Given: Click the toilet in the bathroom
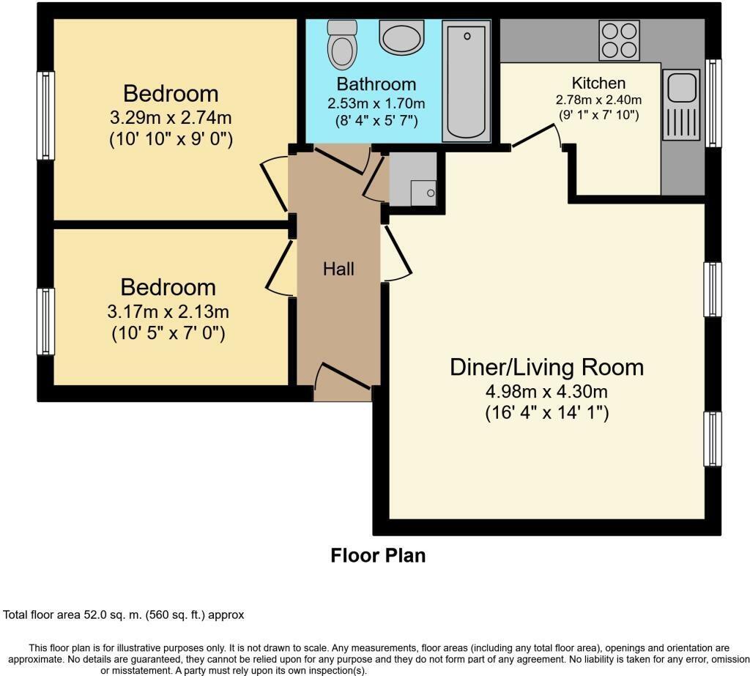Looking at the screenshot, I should point(341,44).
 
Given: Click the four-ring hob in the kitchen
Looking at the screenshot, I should point(618,40).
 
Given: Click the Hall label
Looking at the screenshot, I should point(338,269).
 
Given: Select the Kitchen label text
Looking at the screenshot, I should point(598,83).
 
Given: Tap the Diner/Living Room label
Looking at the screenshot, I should point(546,366).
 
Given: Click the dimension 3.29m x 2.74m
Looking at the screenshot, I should point(171,117).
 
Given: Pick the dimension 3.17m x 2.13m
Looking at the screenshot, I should point(168,311).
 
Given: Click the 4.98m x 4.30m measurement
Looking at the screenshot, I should point(546,391).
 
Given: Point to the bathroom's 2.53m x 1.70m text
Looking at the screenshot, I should point(376,103).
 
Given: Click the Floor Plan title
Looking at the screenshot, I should point(378,555).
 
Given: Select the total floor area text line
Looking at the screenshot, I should point(124,615).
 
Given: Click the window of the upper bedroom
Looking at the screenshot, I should point(45,115).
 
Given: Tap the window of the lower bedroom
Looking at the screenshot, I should point(45,321).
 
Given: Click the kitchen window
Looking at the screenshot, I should point(713,103).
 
